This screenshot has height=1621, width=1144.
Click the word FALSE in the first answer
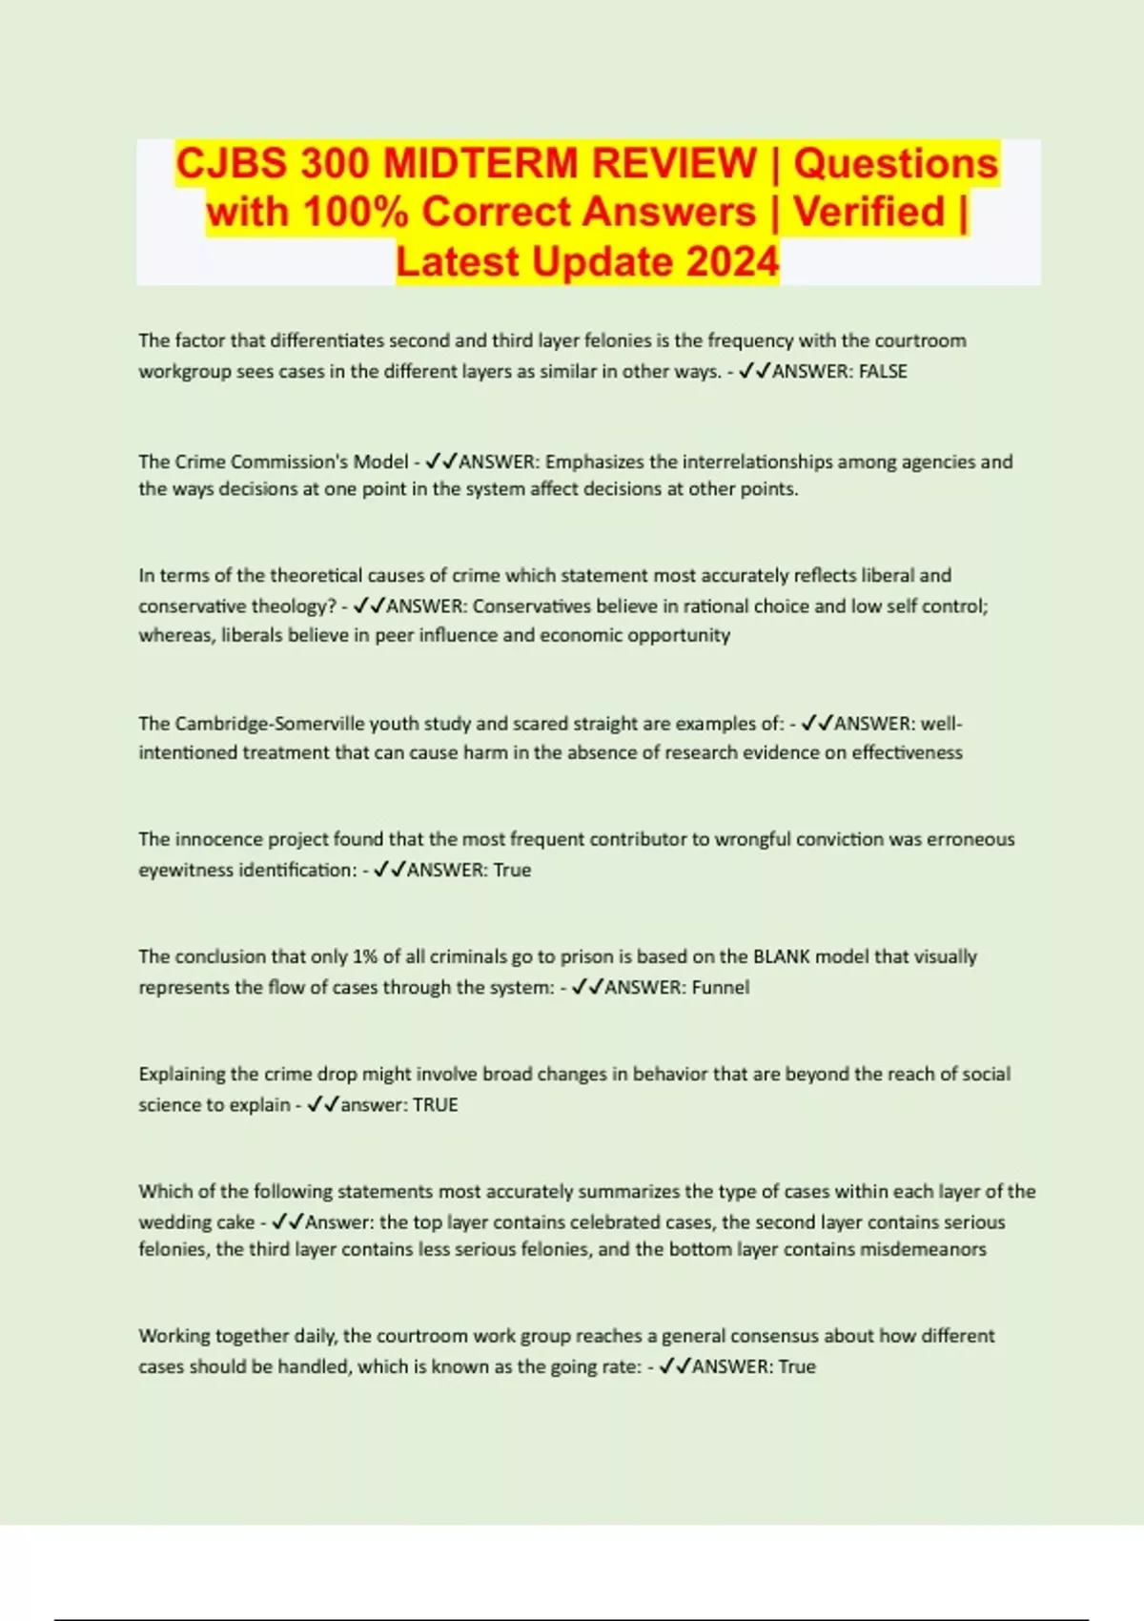tap(883, 371)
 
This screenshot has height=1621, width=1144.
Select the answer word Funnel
tap(721, 987)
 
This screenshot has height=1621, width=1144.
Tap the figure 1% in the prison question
tap(365, 956)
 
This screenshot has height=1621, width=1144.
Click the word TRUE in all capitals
tap(436, 1104)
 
